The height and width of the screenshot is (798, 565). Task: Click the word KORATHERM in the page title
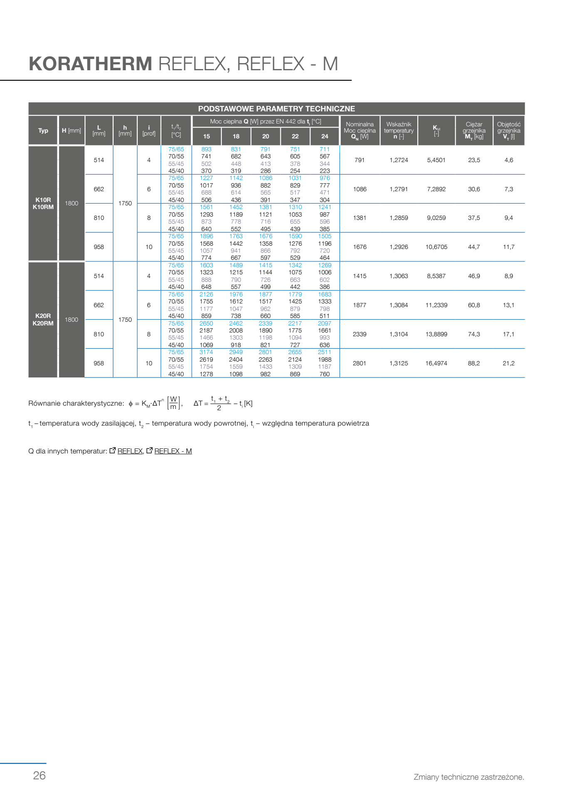90,64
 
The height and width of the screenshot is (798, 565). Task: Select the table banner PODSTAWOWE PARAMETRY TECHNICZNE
276,109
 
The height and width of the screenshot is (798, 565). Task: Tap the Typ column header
43,131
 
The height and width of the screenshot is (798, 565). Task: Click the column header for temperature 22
295,136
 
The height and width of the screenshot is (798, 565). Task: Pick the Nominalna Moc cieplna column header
359,131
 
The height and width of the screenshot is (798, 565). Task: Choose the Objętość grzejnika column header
508,131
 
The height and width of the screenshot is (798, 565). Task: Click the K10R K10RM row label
43,203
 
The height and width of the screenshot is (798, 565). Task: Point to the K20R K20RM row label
43,320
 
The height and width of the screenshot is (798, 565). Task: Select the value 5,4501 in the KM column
436,160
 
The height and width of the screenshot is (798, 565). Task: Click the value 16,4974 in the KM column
436,363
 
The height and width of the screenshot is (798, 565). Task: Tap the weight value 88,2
473,363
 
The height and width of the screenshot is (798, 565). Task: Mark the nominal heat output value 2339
359,334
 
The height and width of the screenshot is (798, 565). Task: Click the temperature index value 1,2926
399,247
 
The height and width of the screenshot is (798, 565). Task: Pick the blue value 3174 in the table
206,352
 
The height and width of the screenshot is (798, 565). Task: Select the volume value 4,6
508,160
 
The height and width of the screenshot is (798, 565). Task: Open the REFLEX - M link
173,451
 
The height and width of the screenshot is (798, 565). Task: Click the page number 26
40,776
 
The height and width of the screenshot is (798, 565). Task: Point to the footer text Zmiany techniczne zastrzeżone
468,777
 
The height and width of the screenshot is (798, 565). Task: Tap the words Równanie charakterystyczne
76,403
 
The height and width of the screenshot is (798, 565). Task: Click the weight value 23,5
474,160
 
